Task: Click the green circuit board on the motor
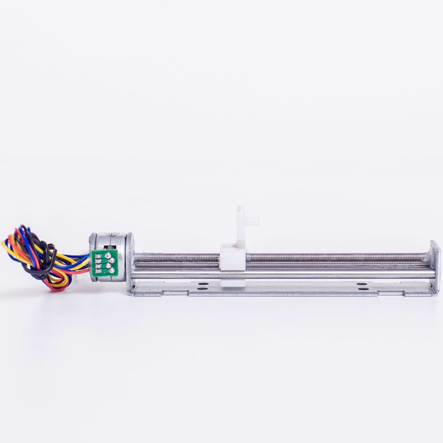click(105, 264)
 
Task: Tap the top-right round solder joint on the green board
click(112, 260)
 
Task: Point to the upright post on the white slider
click(241, 224)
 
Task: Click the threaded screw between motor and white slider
click(177, 257)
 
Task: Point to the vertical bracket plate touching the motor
click(129, 264)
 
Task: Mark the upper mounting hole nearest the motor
click(204, 284)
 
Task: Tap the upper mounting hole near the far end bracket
click(362, 284)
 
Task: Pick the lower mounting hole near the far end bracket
click(362, 289)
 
